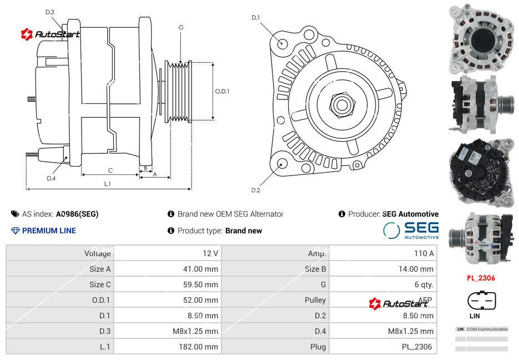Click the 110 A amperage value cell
pyautogui.click(x=424, y=253)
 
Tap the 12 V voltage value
pyautogui.click(x=210, y=253)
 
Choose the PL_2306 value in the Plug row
pyautogui.click(x=418, y=347)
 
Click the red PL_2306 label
pyautogui.click(x=481, y=278)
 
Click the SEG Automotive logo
pyautogui.click(x=411, y=230)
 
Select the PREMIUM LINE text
pyautogui.click(x=49, y=231)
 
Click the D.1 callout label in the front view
pyautogui.click(x=255, y=18)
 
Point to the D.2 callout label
pyautogui.click(x=255, y=191)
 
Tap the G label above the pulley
pyautogui.click(x=181, y=27)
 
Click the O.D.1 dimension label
pyautogui.click(x=222, y=91)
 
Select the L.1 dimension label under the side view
pyautogui.click(x=108, y=184)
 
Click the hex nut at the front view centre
pyautogui.click(x=341, y=104)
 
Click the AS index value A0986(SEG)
pyautogui.click(x=77, y=214)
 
